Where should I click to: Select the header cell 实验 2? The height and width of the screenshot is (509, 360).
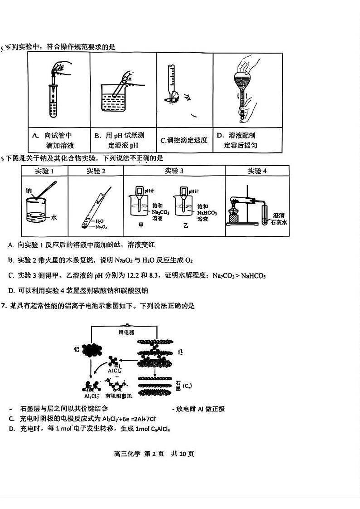96,171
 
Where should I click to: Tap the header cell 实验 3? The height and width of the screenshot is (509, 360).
174,171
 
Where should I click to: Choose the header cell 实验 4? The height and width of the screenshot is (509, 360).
257,171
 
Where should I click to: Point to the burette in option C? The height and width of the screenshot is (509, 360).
170,84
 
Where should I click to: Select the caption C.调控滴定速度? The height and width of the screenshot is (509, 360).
184,140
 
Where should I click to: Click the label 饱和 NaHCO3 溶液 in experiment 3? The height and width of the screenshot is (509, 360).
206,212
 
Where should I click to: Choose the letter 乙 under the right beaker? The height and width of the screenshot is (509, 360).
185,225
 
